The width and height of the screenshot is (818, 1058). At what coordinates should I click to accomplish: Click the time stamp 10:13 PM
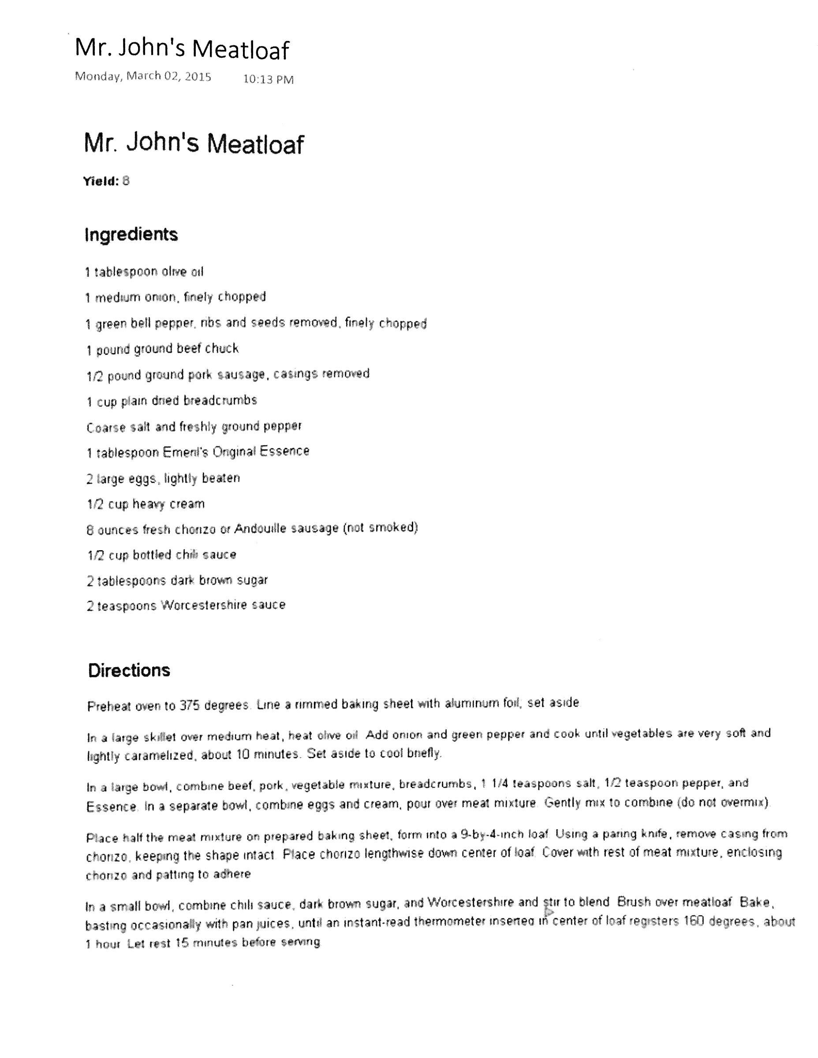click(x=268, y=79)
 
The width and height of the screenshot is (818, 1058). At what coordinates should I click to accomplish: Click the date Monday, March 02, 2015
click(x=143, y=77)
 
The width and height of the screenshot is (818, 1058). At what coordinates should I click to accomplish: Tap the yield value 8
click(x=126, y=181)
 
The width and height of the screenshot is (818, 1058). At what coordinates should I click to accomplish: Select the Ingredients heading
click(x=131, y=235)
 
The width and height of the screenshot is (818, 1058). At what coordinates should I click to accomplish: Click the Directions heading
click(x=129, y=671)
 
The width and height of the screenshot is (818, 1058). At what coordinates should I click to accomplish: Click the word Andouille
click(x=261, y=528)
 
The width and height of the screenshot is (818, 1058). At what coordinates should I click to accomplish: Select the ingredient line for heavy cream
click(x=146, y=504)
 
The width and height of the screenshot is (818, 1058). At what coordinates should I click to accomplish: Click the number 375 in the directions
click(x=190, y=705)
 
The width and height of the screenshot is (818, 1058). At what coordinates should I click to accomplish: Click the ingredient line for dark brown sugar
click(x=177, y=580)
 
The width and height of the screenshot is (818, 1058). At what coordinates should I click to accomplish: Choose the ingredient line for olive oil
click(x=144, y=272)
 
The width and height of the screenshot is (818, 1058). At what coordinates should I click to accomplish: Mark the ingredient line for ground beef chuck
click(x=162, y=349)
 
